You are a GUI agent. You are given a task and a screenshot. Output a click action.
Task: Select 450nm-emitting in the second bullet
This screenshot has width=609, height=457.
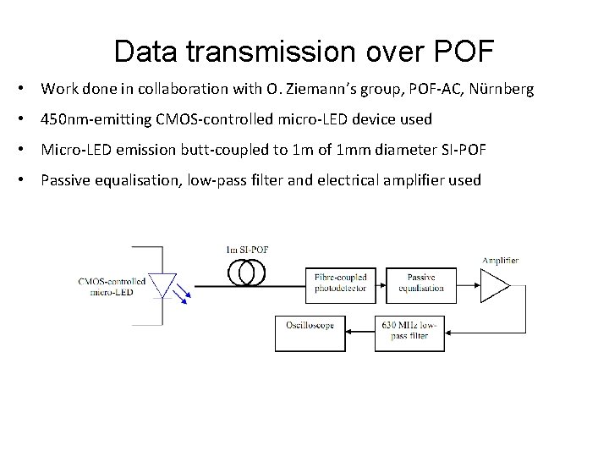coord(96,119)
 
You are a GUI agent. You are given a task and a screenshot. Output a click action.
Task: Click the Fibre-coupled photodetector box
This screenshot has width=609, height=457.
coord(340,283)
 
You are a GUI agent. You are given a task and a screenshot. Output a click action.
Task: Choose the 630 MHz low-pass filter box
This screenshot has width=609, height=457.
coord(409,330)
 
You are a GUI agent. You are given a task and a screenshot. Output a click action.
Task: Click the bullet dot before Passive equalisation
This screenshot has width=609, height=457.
coord(28,180)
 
